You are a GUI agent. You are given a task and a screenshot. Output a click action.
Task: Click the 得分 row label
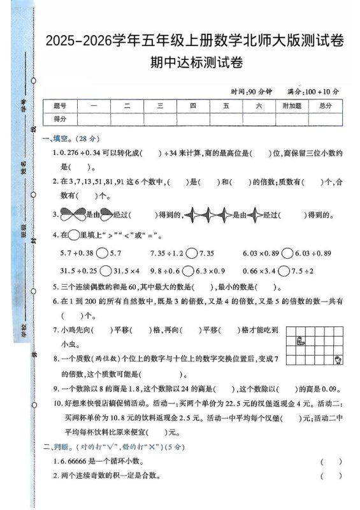pos(61,119)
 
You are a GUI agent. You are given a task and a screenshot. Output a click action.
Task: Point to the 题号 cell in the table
pos(61,106)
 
